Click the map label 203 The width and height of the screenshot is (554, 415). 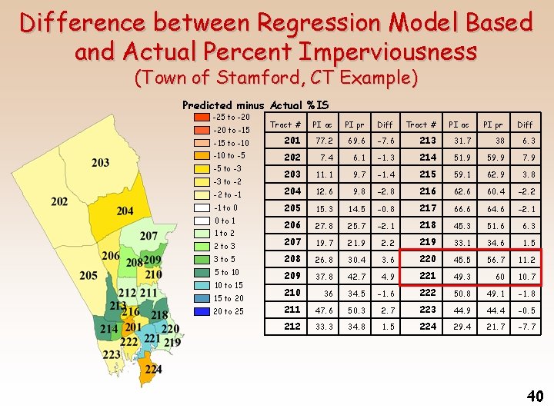coord(100,162)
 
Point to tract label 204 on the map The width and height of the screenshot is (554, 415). coord(125,211)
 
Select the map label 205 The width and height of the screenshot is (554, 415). coord(88,275)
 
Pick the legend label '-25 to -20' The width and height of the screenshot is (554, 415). coord(232,117)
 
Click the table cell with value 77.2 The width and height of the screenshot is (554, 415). coord(323,141)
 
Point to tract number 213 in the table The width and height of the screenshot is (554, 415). coord(428,141)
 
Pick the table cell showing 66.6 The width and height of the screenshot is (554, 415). coord(462,208)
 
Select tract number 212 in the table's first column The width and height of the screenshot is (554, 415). coord(292,327)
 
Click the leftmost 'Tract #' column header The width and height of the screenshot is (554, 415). coord(285,124)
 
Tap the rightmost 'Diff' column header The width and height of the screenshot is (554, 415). coord(525,124)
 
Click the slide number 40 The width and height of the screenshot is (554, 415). coord(535,396)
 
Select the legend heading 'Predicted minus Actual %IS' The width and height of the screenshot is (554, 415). coord(255,105)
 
